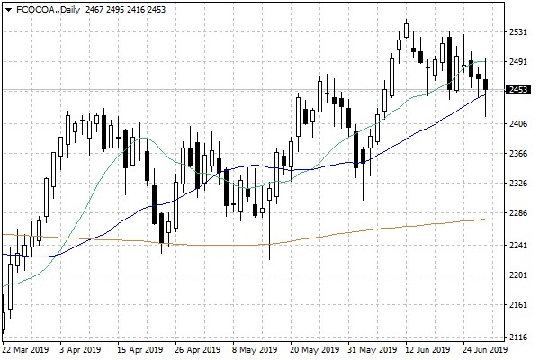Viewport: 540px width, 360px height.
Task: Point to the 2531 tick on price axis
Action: pyautogui.click(x=518, y=31)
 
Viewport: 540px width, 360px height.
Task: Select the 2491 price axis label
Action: pyautogui.click(x=518, y=62)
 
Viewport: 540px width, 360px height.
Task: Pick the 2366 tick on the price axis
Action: pyautogui.click(x=518, y=154)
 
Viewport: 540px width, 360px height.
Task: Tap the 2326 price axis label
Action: pyautogui.click(x=518, y=184)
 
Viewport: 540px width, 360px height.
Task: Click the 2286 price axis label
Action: pyautogui.click(x=518, y=214)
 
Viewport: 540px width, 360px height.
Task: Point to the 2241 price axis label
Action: pyautogui.click(x=518, y=245)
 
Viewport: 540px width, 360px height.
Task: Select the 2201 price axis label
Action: pyautogui.click(x=518, y=275)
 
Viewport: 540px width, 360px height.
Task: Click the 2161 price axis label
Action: pyautogui.click(x=518, y=306)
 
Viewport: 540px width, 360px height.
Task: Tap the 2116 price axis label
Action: pyautogui.click(x=518, y=337)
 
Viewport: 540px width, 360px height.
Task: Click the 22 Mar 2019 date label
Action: pyautogui.click(x=25, y=349)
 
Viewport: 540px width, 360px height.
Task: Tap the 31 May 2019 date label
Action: pyautogui.click(x=372, y=349)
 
